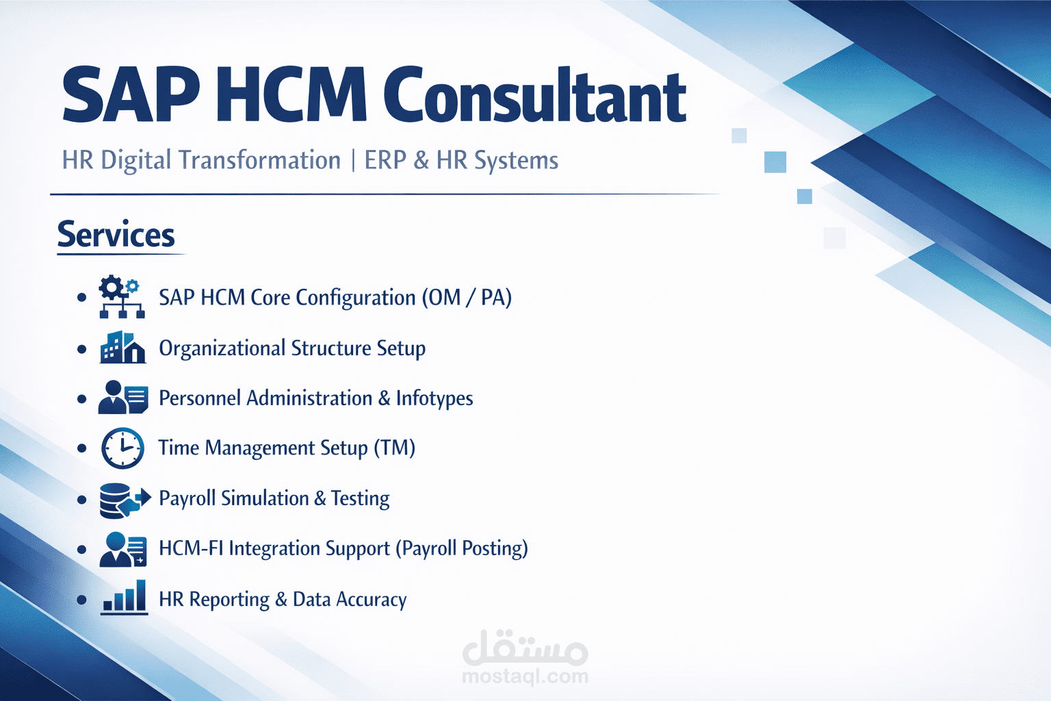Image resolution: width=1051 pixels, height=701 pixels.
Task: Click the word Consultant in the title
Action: [534, 96]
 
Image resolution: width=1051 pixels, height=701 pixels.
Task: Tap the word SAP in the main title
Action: [131, 96]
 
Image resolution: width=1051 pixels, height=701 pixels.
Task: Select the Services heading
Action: [116, 235]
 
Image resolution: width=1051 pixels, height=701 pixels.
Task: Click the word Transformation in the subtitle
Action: [259, 160]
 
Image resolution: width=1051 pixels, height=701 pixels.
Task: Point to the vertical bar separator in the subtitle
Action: [353, 161]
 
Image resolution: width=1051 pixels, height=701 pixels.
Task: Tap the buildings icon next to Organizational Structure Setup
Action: [122, 347]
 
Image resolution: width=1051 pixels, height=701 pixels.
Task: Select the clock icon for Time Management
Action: [122, 448]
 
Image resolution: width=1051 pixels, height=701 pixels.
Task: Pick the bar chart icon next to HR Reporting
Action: [124, 598]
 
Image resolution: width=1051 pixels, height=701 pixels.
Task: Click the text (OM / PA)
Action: [467, 298]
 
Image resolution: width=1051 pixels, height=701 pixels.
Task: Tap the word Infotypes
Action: [434, 398]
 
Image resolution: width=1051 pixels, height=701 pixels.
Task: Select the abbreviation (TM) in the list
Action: [394, 448]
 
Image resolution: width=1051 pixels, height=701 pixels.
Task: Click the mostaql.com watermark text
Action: [525, 676]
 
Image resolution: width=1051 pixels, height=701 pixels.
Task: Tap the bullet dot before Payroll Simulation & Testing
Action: [82, 500]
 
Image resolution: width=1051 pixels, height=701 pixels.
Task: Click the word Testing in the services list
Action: [360, 498]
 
